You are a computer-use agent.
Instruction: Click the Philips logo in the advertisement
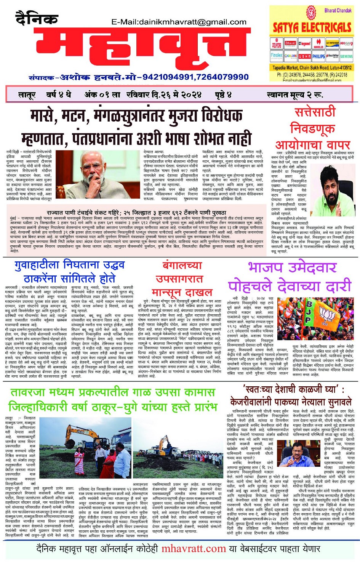(319, 56)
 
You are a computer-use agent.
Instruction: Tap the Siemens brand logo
(346, 56)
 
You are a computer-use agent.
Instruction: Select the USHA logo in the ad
(304, 56)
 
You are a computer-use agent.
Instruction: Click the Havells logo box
(318, 44)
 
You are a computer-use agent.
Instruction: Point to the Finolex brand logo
(277, 56)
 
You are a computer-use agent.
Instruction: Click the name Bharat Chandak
(338, 10)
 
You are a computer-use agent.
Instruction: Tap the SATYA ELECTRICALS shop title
(312, 27)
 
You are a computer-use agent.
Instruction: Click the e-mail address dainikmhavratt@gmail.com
(179, 22)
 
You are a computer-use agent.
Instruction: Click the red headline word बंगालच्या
(182, 266)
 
